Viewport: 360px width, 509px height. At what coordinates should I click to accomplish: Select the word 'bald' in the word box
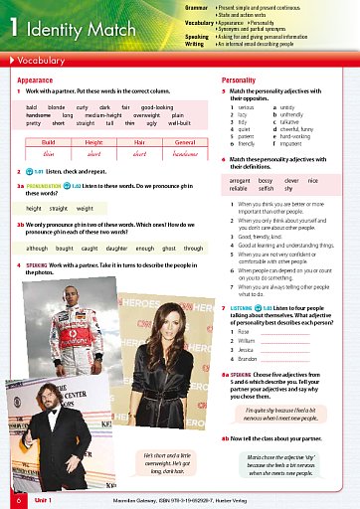click(x=32, y=104)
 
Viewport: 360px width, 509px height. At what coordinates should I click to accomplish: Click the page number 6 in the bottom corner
click(x=17, y=501)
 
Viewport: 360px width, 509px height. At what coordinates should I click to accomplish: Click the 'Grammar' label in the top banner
click(x=224, y=6)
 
